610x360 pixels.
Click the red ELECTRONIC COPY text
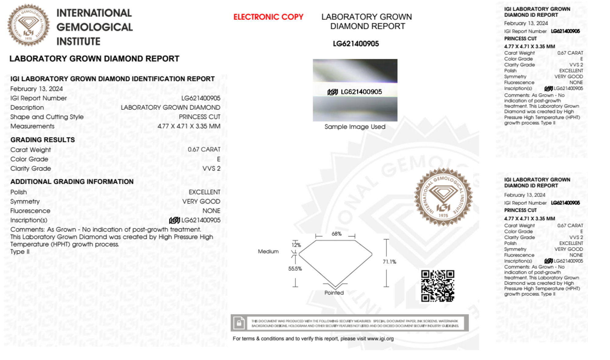point(268,17)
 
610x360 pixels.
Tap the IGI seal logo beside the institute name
point(28,25)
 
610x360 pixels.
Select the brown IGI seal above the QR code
point(443,197)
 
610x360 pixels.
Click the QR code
point(437,286)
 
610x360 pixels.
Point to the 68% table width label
point(336,234)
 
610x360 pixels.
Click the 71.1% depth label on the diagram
point(389,262)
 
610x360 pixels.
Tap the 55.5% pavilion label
point(295,269)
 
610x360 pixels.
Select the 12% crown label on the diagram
point(296,245)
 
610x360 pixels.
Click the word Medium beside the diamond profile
point(268,251)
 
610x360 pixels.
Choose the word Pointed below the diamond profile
point(334,293)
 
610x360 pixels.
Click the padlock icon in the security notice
point(239,323)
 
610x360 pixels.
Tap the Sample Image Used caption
point(355,127)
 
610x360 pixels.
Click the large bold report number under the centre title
point(356,44)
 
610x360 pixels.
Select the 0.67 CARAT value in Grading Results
point(204,149)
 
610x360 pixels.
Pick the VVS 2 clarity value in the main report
point(211,169)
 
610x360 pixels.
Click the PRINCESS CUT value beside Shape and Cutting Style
point(199,117)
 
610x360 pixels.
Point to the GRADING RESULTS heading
point(42,140)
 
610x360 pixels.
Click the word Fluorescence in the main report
point(30,211)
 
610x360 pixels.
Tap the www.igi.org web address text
point(380,339)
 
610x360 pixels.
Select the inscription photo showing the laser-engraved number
point(355,90)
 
